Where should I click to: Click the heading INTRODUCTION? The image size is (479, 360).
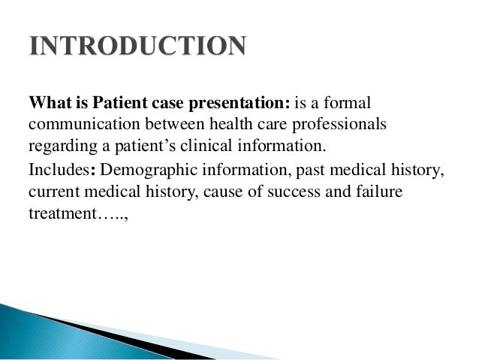click(138, 46)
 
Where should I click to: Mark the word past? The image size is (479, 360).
click(297, 171)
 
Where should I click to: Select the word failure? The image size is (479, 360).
click(378, 192)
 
